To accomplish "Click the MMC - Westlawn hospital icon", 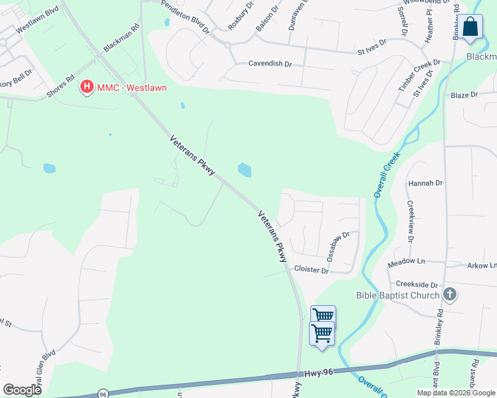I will [86, 87].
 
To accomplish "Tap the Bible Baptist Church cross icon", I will [450, 295].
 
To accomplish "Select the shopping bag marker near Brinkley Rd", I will [470, 28].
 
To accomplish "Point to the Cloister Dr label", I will [311, 270].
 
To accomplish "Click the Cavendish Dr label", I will [270, 64].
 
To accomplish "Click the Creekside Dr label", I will [417, 283].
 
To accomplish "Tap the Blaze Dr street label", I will [464, 95].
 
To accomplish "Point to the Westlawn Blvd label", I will [38, 20].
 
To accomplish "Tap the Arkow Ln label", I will [482, 265].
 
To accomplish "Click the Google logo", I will [22, 389].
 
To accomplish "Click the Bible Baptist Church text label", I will [397, 295].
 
